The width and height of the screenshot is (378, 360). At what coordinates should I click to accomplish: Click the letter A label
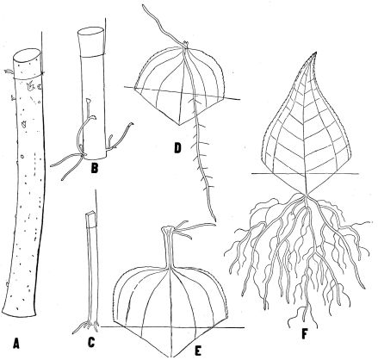[16, 343]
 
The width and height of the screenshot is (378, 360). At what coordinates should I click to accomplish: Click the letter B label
[94, 168]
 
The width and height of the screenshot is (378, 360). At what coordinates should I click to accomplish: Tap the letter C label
[91, 342]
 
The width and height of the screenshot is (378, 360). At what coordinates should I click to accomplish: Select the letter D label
[177, 148]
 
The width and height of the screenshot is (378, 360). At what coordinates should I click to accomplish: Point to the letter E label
[198, 351]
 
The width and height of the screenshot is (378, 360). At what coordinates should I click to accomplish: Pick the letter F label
[305, 334]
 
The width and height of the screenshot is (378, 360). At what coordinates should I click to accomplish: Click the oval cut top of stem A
[27, 55]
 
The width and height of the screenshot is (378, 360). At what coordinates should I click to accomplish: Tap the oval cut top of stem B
[90, 32]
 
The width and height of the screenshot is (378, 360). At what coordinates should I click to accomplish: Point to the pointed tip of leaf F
[316, 53]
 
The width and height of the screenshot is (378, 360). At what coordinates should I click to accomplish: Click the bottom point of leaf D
[180, 125]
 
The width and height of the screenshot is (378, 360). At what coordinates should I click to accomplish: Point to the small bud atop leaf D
[186, 44]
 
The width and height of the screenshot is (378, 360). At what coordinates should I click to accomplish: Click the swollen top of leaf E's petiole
[168, 230]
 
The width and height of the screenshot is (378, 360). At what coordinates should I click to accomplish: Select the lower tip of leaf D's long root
[214, 220]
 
